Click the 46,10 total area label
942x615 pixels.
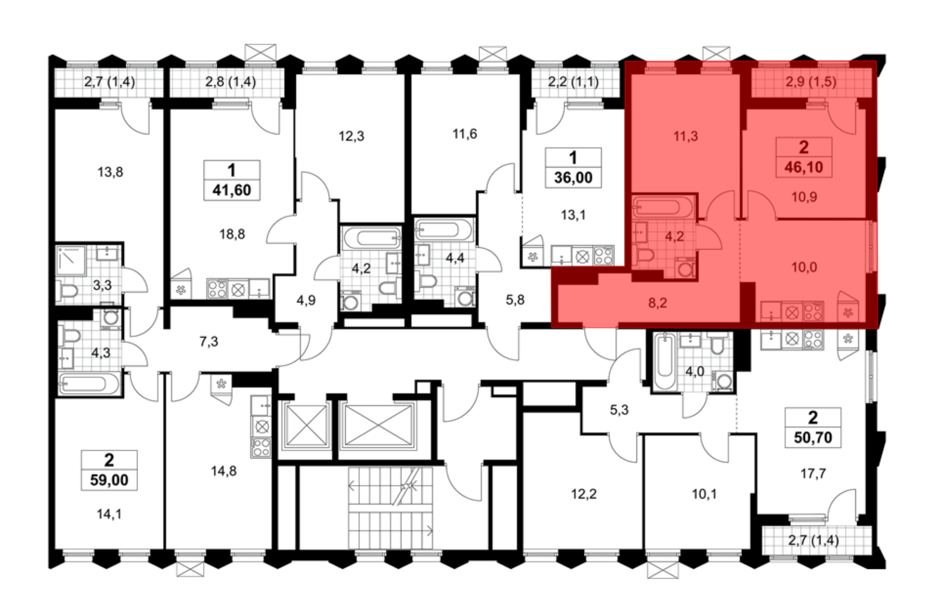[804, 167]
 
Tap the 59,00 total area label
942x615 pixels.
[109, 480]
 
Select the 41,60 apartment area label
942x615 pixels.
[232, 190]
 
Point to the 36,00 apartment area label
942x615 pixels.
[573, 178]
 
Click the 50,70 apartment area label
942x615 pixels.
[813, 437]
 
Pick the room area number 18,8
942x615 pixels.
[232, 234]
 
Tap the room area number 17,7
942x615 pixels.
[813, 473]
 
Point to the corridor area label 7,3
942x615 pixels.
[209, 341]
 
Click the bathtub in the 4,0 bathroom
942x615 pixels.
[665, 361]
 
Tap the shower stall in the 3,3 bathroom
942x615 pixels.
[71, 260]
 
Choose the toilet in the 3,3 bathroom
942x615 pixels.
[67, 291]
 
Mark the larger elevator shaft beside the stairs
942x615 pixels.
[379, 426]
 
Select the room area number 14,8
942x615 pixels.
[224, 471]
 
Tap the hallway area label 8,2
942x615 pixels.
[658, 303]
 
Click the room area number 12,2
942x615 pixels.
[584, 494]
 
